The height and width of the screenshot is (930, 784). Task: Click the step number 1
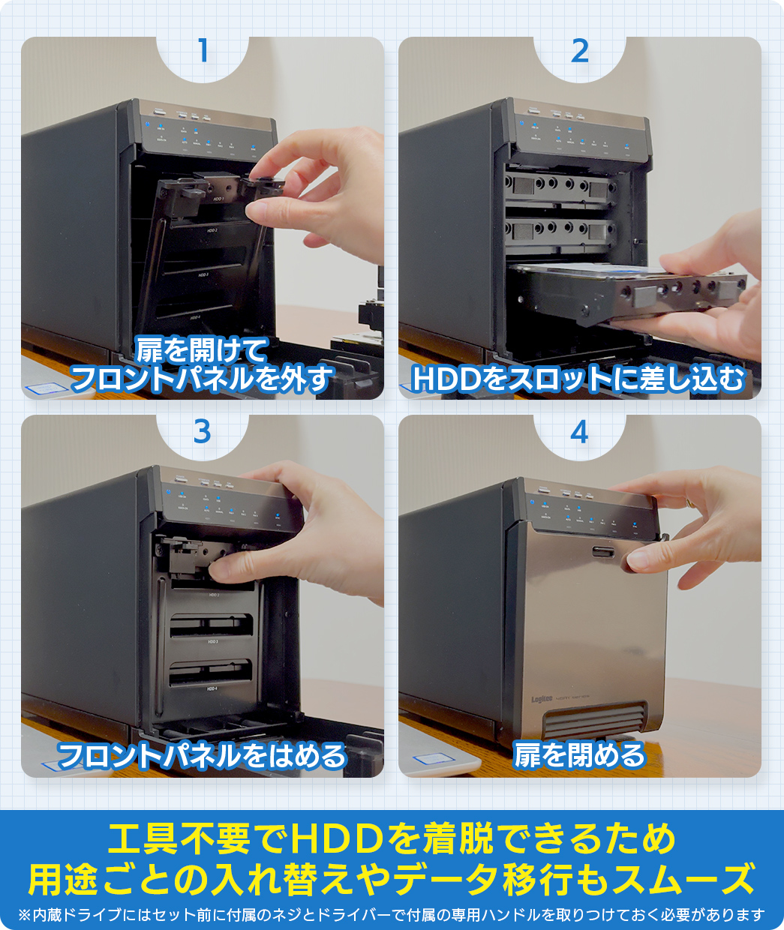click(x=202, y=51)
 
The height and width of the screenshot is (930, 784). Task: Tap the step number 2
click(x=579, y=51)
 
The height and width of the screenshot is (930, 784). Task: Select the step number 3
click(x=202, y=432)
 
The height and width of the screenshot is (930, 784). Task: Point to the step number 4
click(x=579, y=432)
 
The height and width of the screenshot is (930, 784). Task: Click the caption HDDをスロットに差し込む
click(x=578, y=379)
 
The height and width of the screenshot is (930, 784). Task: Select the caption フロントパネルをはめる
click(x=202, y=755)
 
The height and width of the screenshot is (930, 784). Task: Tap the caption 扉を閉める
click(x=579, y=755)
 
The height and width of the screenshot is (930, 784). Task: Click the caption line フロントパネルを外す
click(x=202, y=379)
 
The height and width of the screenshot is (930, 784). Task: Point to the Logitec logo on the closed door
click(x=542, y=699)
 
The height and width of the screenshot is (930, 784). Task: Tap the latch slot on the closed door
click(x=603, y=553)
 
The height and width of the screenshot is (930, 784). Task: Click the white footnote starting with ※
click(x=392, y=915)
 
